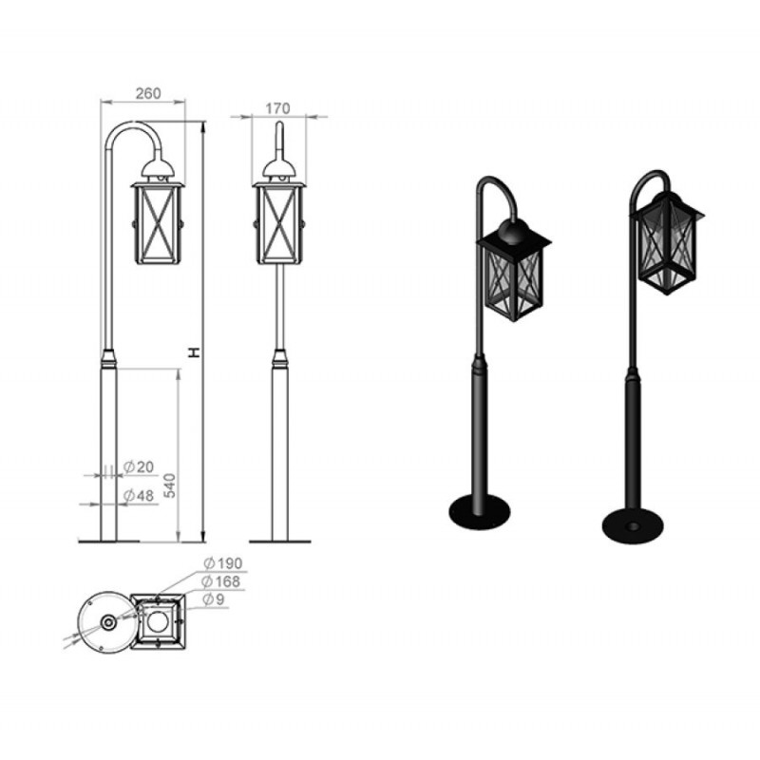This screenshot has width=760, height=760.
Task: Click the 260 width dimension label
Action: point(148,93)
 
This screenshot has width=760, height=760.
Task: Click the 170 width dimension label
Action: point(277,108)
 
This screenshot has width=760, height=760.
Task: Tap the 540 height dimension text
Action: point(170,485)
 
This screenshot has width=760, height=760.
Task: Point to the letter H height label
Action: point(195,352)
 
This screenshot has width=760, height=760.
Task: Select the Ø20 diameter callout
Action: point(139,466)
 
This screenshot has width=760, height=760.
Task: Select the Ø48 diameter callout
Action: point(139,495)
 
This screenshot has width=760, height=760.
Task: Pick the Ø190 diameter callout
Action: point(223,563)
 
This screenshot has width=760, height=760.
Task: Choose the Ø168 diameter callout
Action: point(221,581)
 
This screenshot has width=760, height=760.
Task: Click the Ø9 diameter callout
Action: point(214,599)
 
